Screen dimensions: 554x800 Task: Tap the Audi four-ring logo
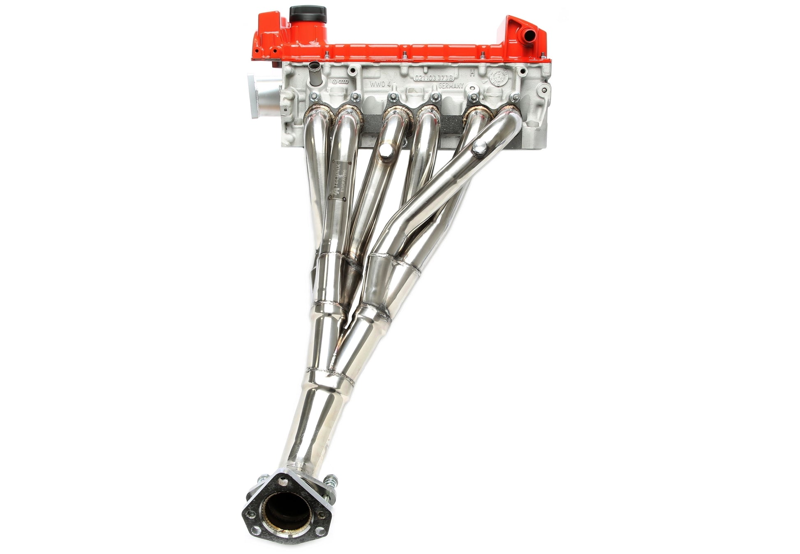click(x=345, y=83)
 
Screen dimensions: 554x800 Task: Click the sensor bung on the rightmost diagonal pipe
click(x=479, y=148)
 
